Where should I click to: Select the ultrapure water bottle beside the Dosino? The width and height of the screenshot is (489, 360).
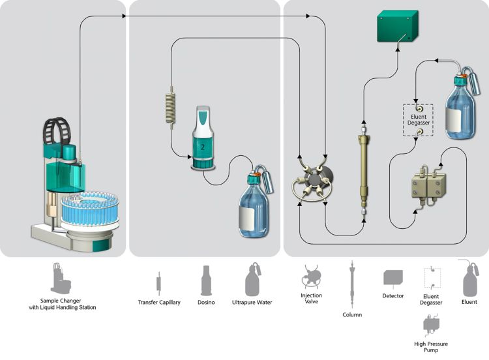coord(252,205)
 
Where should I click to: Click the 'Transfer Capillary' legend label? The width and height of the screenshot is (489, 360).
coord(159,302)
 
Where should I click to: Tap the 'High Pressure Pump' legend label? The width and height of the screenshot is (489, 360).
coord(431,346)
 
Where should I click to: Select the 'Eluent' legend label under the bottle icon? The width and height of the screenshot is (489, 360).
coord(469,302)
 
